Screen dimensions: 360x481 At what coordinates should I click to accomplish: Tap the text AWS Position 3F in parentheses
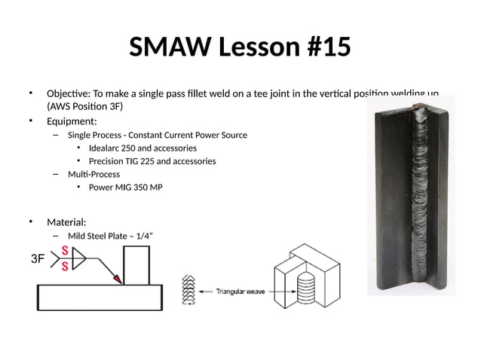(83, 106)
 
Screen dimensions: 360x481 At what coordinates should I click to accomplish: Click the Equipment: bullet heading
(72, 121)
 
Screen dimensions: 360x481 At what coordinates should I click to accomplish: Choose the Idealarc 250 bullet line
(142, 148)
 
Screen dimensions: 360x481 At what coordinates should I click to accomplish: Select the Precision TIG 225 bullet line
(152, 161)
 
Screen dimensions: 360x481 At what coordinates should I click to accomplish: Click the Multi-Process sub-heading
(93, 174)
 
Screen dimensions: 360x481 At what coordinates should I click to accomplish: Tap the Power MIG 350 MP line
(125, 187)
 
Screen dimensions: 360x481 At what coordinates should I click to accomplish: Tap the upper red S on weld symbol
(66, 252)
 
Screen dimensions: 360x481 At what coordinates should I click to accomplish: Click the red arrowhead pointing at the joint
(117, 279)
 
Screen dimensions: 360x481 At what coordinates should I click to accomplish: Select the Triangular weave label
(240, 291)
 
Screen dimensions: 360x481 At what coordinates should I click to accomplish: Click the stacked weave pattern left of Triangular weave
(189, 291)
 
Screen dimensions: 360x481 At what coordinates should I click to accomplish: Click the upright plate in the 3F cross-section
(136, 265)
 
